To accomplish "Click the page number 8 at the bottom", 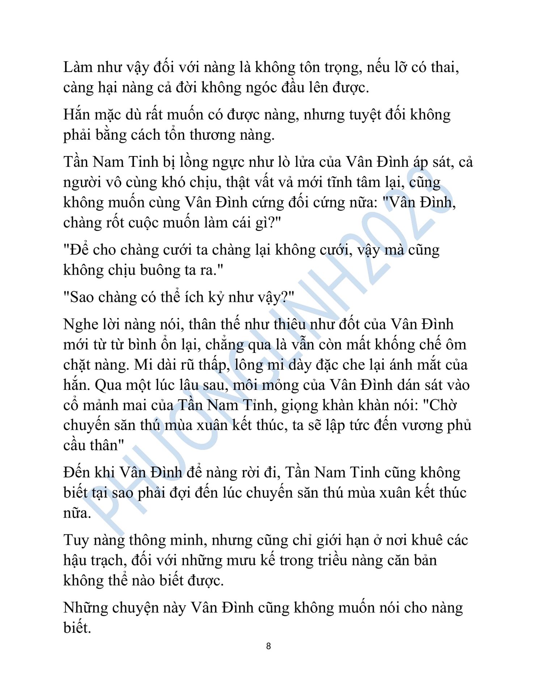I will (268, 646).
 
